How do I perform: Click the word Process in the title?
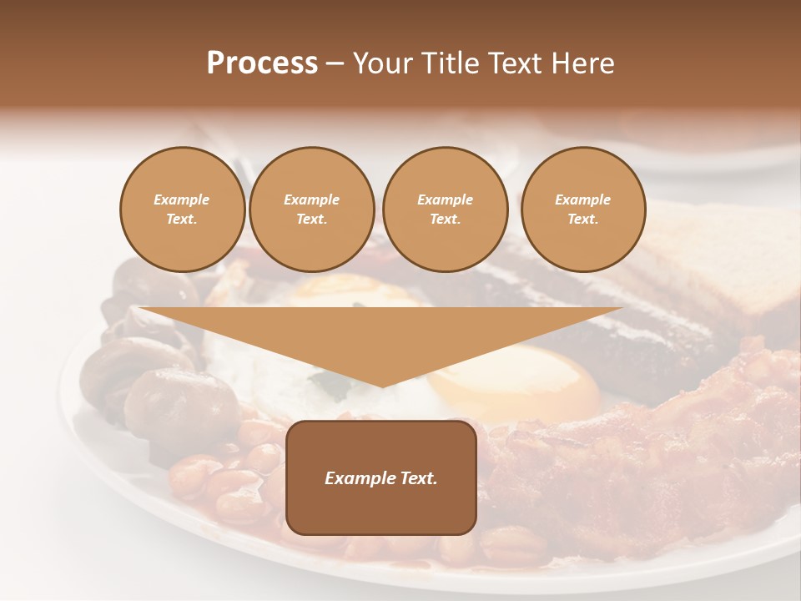262,63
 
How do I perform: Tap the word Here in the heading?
584,63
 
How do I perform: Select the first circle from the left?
183,210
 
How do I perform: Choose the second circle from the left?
312,210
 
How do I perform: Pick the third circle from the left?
446,210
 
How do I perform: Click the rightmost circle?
583,210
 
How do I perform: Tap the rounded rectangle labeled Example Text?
381,477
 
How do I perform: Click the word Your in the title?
382,63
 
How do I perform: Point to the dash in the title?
335,64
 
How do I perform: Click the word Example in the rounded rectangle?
359,478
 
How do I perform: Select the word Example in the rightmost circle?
583,199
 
